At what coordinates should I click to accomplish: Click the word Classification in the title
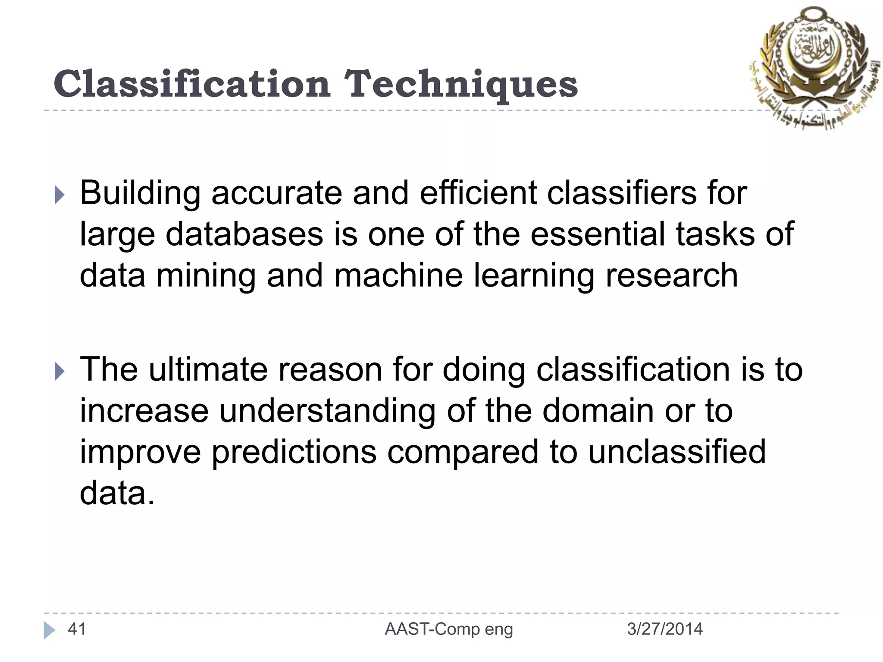192,84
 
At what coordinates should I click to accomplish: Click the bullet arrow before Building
59,195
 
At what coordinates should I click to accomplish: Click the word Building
140,193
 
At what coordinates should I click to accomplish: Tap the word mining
206,276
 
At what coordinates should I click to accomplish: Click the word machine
398,276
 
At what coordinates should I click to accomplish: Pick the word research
672,276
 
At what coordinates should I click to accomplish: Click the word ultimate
208,370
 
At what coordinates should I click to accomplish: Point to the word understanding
327,411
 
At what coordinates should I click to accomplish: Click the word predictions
294,453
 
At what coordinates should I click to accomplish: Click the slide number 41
77,629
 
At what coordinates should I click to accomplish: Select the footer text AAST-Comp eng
449,629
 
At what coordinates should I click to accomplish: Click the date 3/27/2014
664,629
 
